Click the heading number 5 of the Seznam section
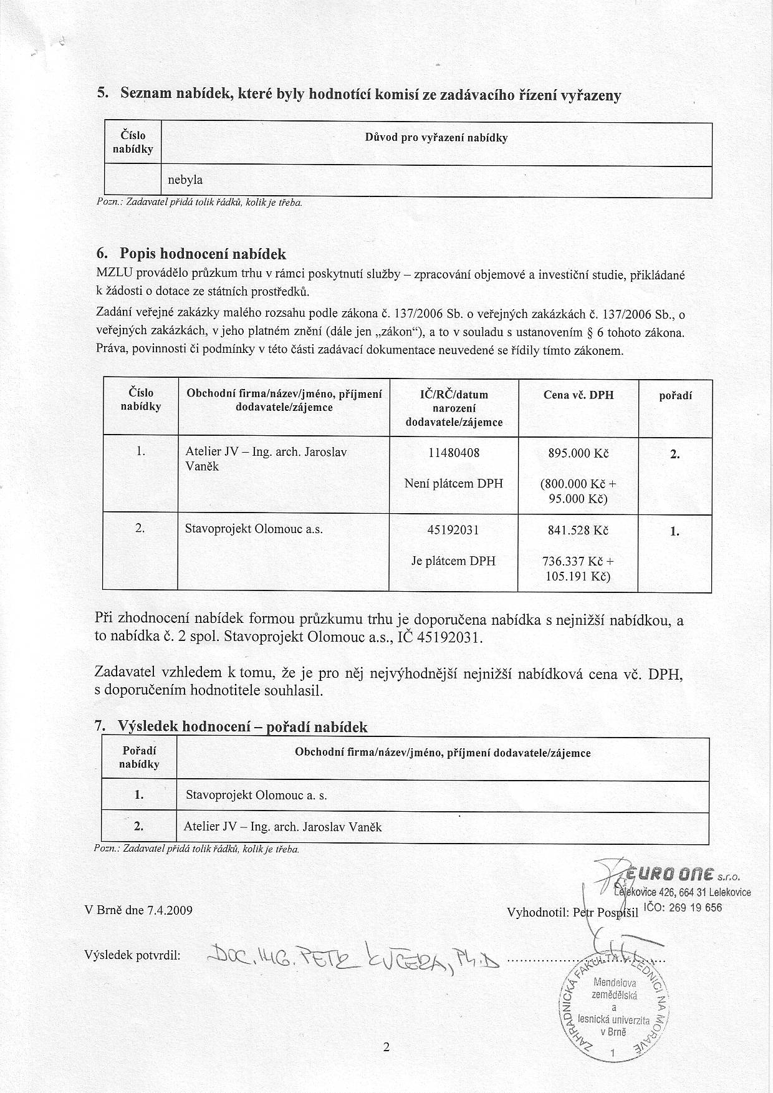tap(102, 94)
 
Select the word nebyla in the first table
tap(185, 180)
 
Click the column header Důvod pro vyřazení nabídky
tap(436, 138)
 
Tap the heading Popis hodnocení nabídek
tap(203, 254)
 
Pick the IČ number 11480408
tap(454, 453)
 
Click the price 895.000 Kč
tap(578, 454)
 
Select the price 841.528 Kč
tap(578, 531)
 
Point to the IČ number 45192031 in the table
tap(454, 531)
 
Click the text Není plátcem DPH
tap(454, 483)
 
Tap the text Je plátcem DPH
tap(454, 561)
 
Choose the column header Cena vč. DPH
tap(578, 395)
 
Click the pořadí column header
tap(676, 395)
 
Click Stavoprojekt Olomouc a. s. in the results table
tap(256, 796)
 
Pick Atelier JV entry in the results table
tap(282, 827)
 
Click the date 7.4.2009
tap(170, 910)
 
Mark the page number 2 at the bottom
tap(386, 1047)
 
